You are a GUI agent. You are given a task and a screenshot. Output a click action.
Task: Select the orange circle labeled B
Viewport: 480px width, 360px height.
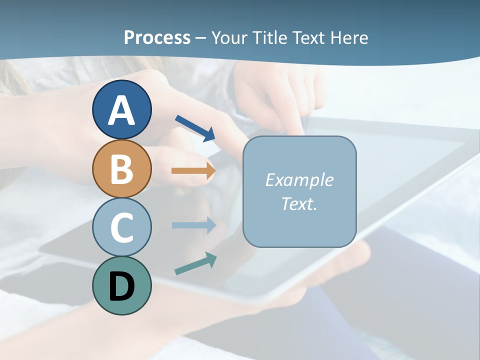[121, 168]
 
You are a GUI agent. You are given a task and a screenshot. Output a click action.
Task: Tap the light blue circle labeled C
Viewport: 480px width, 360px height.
[121, 227]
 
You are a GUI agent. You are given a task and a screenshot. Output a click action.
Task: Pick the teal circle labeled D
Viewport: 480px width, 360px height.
[121, 285]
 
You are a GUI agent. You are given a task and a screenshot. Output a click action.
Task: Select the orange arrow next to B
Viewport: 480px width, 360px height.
[193, 170]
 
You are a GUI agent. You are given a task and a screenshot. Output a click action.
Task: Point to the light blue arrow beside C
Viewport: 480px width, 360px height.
[193, 225]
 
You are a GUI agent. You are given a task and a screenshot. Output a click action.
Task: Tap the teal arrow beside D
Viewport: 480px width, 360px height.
[195, 263]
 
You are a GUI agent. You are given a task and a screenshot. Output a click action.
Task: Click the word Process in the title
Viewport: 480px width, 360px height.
[157, 37]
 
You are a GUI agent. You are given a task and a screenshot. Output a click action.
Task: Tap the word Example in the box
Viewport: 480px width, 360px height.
[299, 180]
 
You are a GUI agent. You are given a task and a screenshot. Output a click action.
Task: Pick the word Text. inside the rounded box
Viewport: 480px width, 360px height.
[299, 203]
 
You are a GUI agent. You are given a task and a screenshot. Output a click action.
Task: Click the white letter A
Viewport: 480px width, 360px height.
[121, 110]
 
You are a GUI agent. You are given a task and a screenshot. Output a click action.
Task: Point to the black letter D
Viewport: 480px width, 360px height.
[121, 286]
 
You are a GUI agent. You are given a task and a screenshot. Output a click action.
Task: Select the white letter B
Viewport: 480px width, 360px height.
[121, 169]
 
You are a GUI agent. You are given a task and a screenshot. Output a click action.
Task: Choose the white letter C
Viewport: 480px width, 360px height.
[121, 227]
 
